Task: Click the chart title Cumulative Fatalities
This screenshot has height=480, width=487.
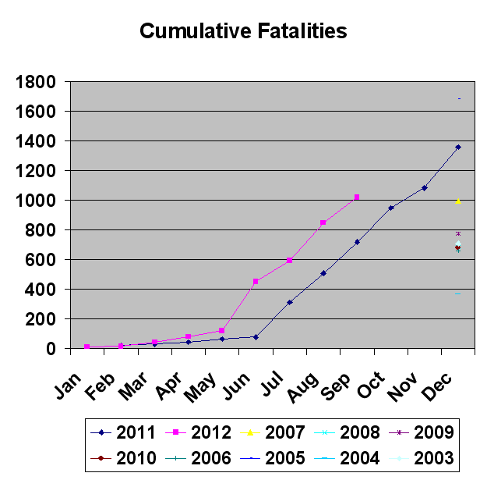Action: click(x=243, y=31)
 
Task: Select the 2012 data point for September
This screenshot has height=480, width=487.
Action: click(x=357, y=197)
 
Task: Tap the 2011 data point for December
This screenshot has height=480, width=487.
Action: click(x=458, y=148)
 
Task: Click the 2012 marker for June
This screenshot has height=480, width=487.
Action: click(x=256, y=282)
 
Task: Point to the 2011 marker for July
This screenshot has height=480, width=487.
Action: click(x=289, y=302)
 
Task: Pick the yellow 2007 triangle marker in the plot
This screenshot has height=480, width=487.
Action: click(x=458, y=201)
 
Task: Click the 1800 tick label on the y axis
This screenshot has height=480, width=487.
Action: click(x=35, y=83)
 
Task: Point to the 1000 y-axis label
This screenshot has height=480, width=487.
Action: click(x=35, y=201)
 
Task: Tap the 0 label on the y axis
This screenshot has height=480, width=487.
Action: click(x=51, y=349)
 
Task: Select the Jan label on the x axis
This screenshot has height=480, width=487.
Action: click(x=68, y=385)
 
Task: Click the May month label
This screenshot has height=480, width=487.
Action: click(x=199, y=386)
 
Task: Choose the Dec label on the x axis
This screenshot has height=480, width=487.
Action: click(x=436, y=386)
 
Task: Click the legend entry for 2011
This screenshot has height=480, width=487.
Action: click(x=122, y=432)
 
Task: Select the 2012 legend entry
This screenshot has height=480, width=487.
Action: click(x=198, y=432)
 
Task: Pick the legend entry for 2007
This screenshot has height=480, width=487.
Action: click(x=273, y=432)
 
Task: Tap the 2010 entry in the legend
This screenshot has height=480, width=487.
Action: click(x=122, y=458)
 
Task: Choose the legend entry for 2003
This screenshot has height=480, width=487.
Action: click(x=422, y=458)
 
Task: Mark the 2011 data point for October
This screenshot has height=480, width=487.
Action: click(x=390, y=208)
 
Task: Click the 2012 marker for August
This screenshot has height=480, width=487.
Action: click(x=323, y=222)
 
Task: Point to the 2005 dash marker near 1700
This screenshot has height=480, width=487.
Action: click(x=459, y=98)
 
